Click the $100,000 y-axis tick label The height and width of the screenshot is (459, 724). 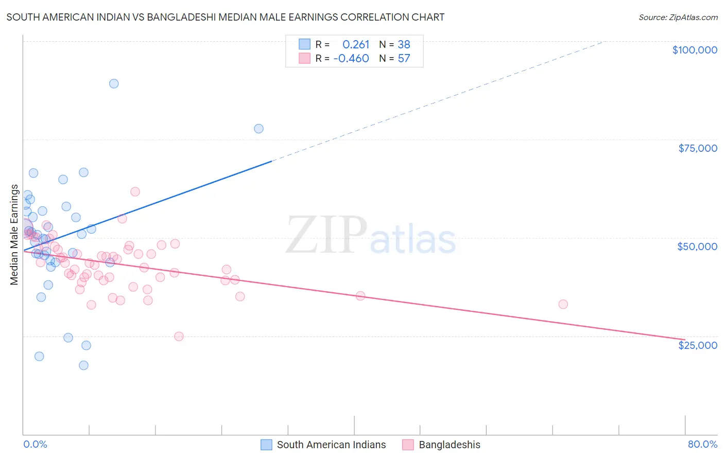(x=694, y=50)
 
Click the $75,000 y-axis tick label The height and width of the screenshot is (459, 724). (x=697, y=148)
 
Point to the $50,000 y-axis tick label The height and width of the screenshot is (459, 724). (x=697, y=246)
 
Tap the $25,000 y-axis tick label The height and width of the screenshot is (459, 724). (x=697, y=345)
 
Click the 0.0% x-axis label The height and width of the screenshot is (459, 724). (x=35, y=444)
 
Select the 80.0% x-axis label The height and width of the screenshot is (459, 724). (x=702, y=444)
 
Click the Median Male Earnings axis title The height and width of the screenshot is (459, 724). (x=14, y=235)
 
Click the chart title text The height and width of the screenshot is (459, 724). (x=225, y=17)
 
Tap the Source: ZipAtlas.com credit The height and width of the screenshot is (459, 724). (x=678, y=17)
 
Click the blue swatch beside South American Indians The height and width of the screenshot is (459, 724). (x=266, y=445)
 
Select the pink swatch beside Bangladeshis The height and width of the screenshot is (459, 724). (x=408, y=445)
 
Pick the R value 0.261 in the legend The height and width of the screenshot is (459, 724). (x=356, y=44)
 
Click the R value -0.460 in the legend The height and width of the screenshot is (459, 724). (x=351, y=58)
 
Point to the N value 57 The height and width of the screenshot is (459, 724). (x=404, y=58)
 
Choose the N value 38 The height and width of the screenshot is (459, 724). (x=404, y=44)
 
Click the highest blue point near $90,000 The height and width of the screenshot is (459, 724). (x=114, y=83)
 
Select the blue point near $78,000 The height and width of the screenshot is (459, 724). (x=258, y=129)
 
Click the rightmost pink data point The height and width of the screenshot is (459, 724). (x=563, y=304)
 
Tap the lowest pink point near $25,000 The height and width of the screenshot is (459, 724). (x=179, y=337)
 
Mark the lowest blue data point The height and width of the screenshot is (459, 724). (x=83, y=365)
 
